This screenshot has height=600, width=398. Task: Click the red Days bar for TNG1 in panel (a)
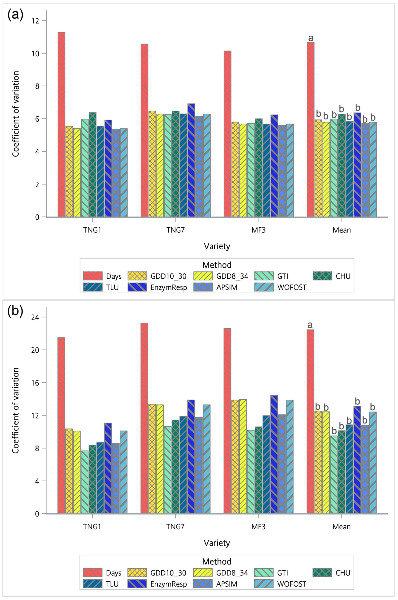(61, 124)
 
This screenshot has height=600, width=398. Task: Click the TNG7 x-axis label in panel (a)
(175, 230)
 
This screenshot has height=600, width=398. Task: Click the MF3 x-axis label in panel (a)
(258, 230)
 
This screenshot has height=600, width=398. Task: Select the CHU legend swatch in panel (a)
(322, 276)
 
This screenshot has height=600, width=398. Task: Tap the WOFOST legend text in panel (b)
(292, 584)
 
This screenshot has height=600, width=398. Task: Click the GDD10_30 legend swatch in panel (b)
(137, 573)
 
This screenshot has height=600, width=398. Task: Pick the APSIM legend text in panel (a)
(227, 287)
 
